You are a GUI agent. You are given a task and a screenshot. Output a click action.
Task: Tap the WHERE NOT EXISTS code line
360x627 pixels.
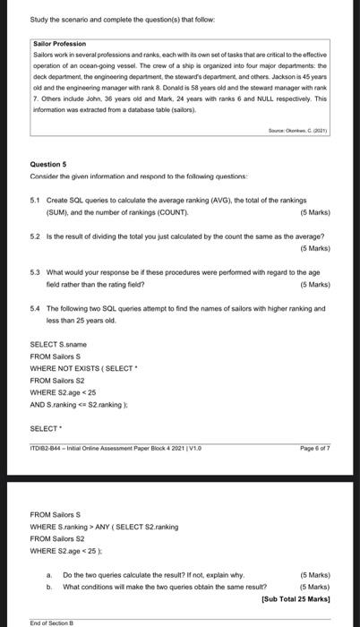pos(81,367)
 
